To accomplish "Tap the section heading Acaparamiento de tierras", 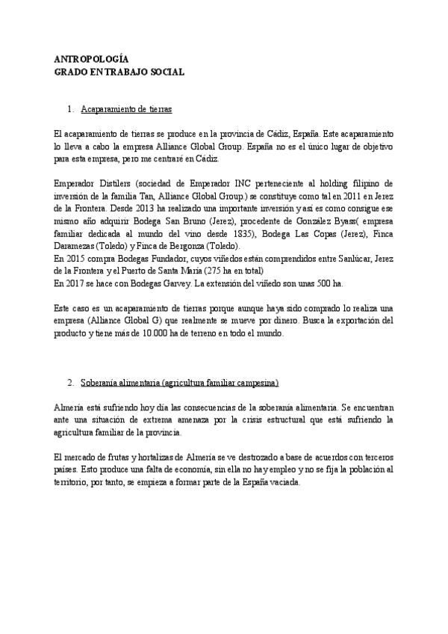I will [x=126, y=110].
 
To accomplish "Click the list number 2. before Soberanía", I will [x=69, y=383].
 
